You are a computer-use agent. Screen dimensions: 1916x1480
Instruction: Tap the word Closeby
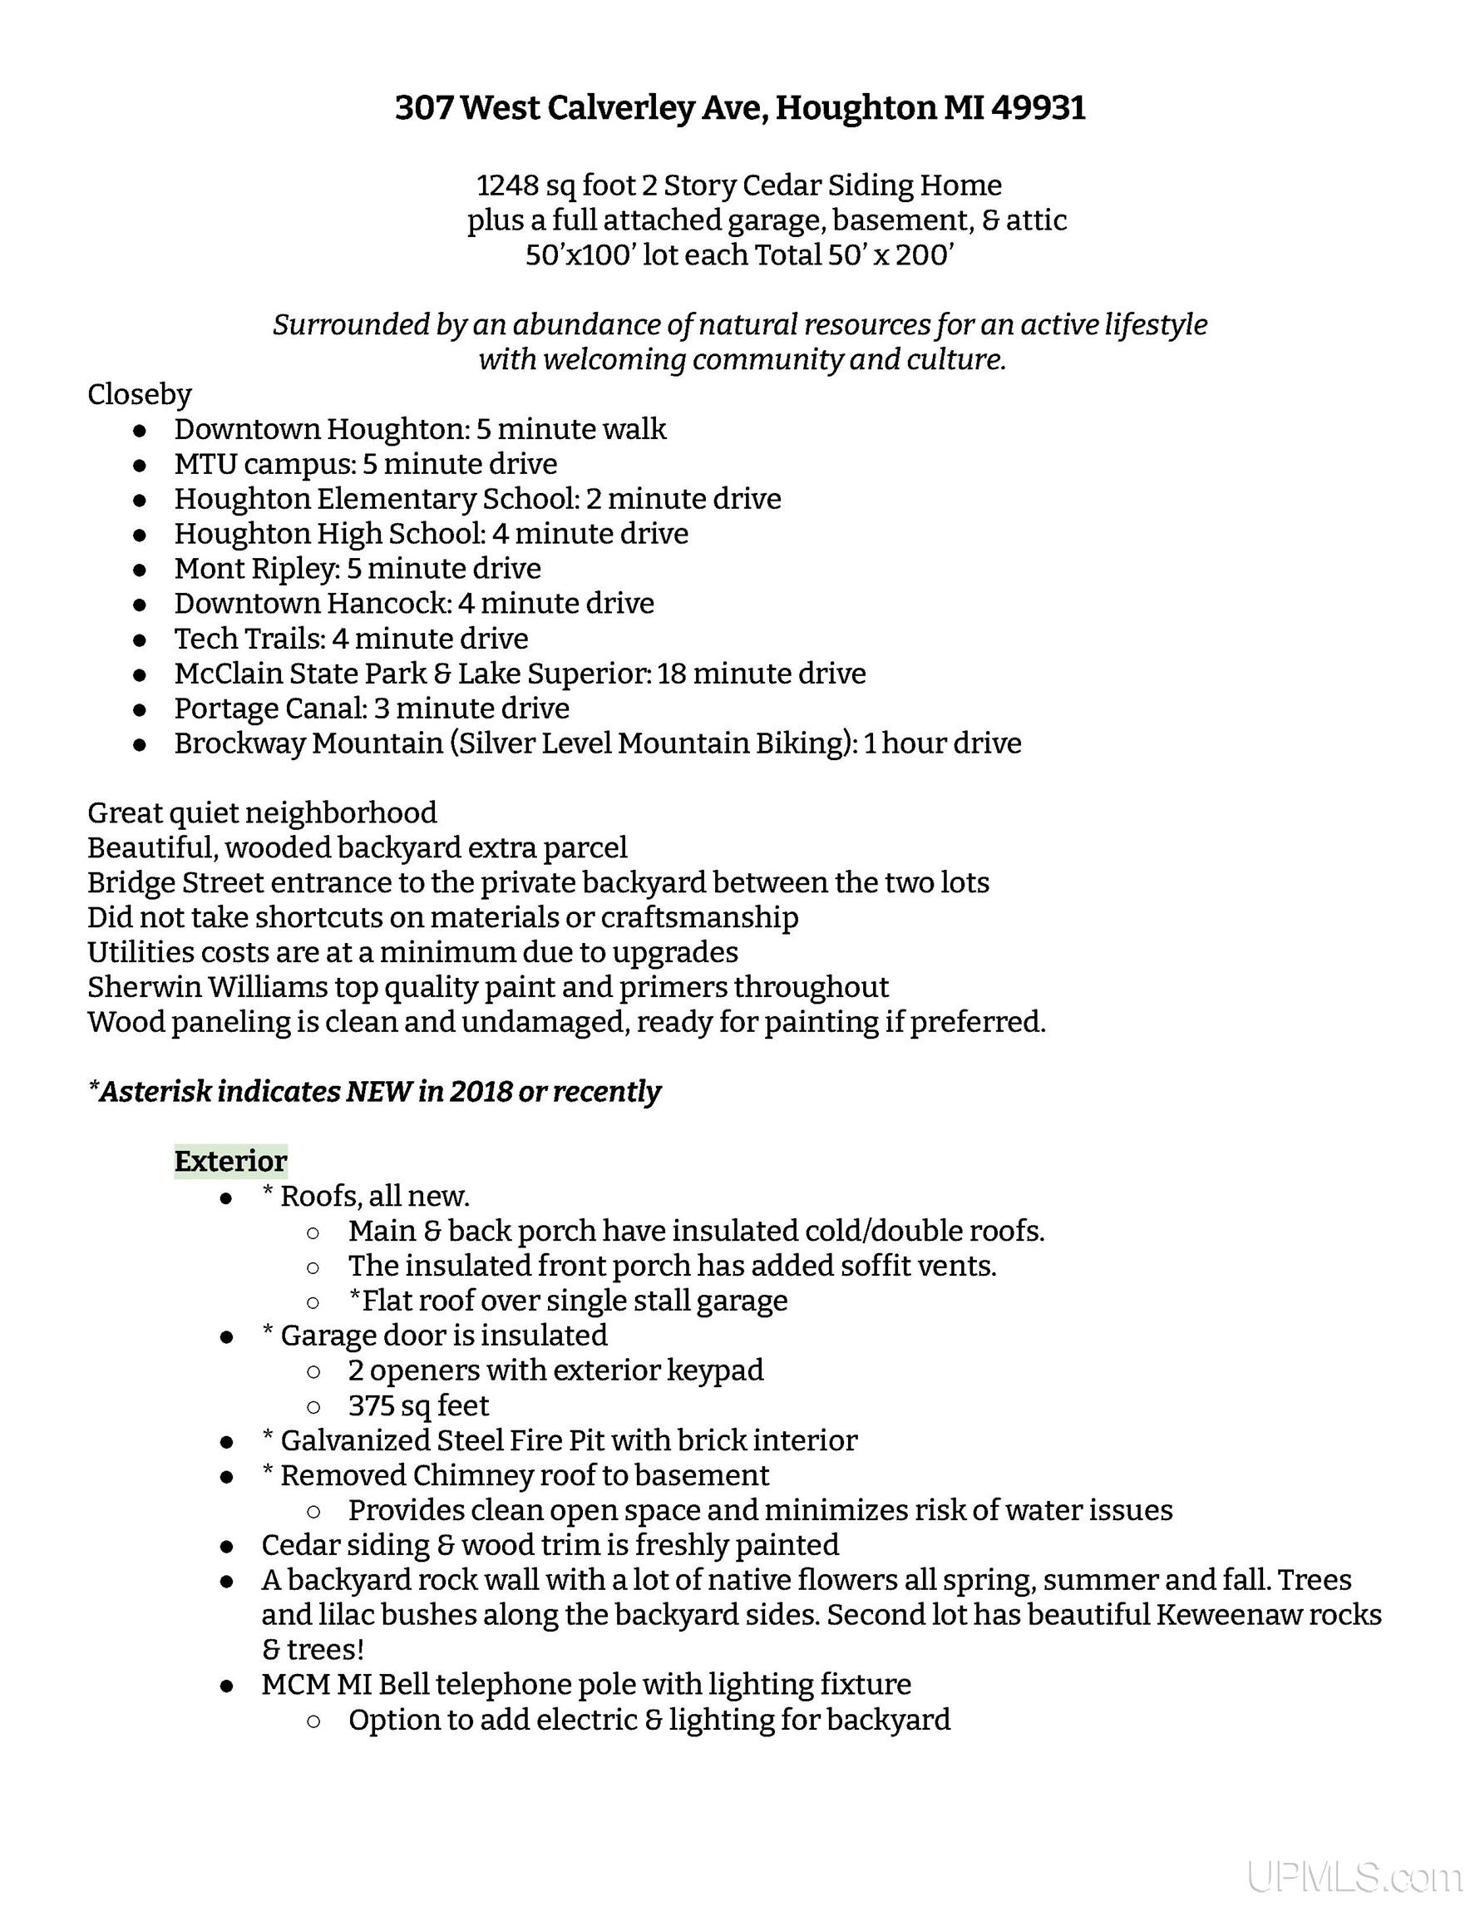(x=140, y=395)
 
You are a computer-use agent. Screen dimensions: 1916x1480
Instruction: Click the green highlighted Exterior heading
(x=230, y=1161)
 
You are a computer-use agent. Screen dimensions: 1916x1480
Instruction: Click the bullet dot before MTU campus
(x=140, y=465)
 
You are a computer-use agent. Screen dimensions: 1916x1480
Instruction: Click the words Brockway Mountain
(x=308, y=743)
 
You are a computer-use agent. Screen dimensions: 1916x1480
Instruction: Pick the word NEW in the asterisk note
(x=380, y=1091)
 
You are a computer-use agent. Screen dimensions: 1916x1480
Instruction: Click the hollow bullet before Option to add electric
(x=313, y=1721)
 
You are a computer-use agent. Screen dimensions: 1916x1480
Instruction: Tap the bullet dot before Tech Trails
(x=140, y=639)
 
